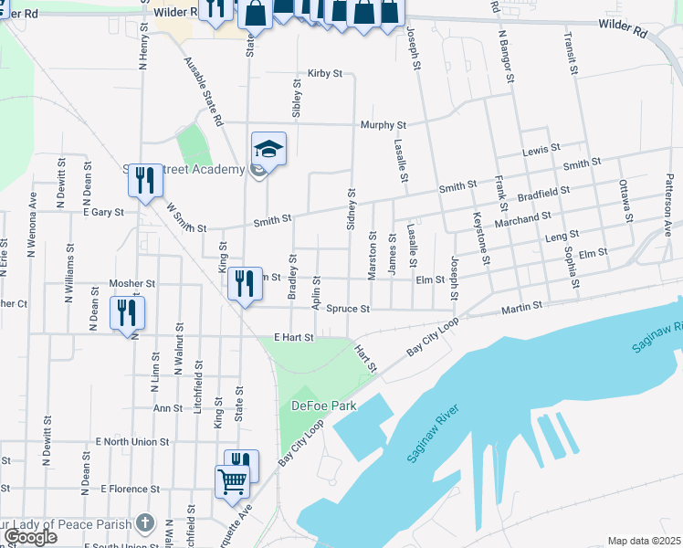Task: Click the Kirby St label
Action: click(x=324, y=73)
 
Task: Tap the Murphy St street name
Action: click(x=383, y=125)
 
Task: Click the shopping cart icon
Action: click(x=233, y=479)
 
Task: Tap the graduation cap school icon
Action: click(x=269, y=148)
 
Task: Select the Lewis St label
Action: click(x=541, y=151)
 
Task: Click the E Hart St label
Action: click(x=293, y=338)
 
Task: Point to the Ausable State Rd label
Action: click(x=204, y=91)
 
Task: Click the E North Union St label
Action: click(x=132, y=442)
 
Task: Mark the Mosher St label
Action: click(x=127, y=284)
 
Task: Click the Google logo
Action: click(x=30, y=537)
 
